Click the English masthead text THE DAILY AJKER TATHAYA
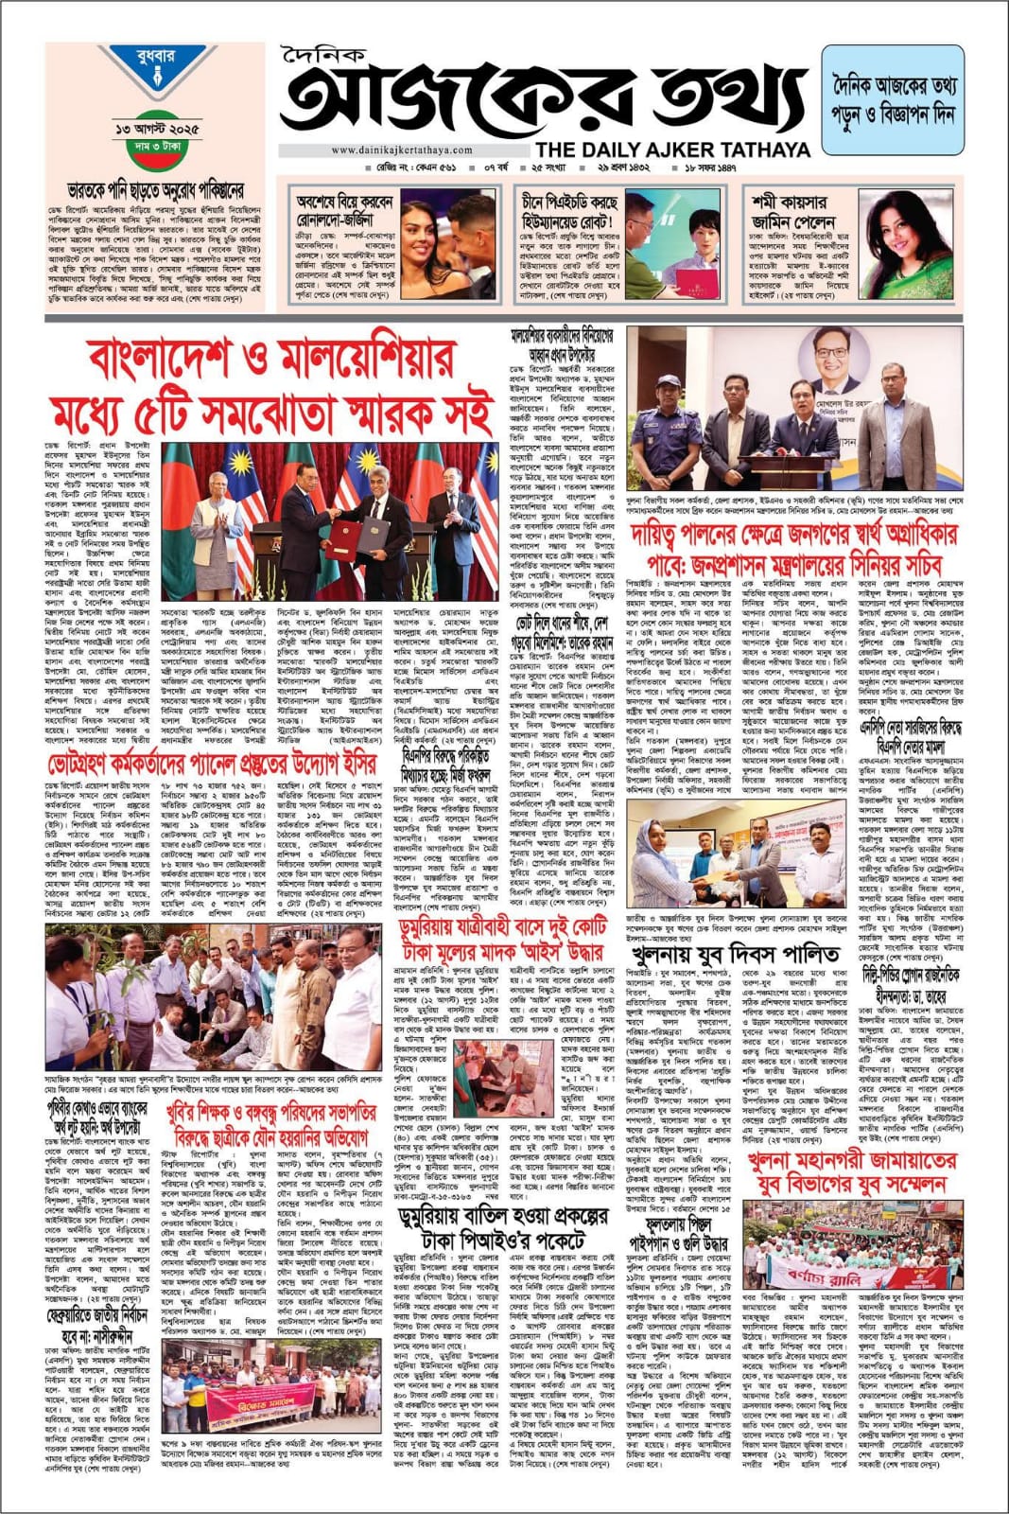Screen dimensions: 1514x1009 (672, 150)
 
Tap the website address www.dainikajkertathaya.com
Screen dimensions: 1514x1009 (402, 150)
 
